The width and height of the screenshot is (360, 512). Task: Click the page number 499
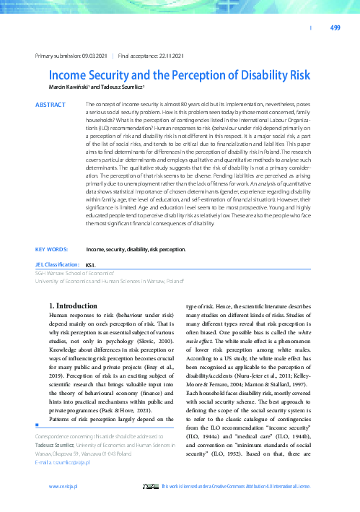coord(335,28)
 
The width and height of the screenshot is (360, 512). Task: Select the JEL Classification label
coord(58,265)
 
